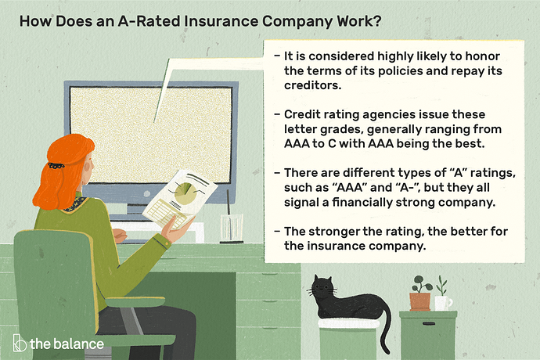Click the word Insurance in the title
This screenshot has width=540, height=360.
pyautogui.click(x=221, y=21)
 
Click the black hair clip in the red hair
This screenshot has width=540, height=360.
pyautogui.click(x=56, y=166)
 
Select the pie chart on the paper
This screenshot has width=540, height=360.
pyautogui.click(x=185, y=193)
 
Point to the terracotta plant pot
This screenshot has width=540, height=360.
pyautogui.click(x=419, y=301)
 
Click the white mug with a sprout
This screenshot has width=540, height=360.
pyautogui.click(x=443, y=303)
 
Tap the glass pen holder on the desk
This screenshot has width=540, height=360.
pyautogui.click(x=232, y=229)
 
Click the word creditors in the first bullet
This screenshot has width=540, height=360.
pyautogui.click(x=312, y=85)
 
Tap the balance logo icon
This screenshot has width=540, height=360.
pyautogui.click(x=20, y=343)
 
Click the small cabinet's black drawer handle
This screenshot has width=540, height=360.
pyautogui.click(x=428, y=324)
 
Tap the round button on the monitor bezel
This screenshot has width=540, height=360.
pyautogui.click(x=146, y=194)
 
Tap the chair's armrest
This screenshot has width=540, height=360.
pyautogui.click(x=135, y=302)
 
